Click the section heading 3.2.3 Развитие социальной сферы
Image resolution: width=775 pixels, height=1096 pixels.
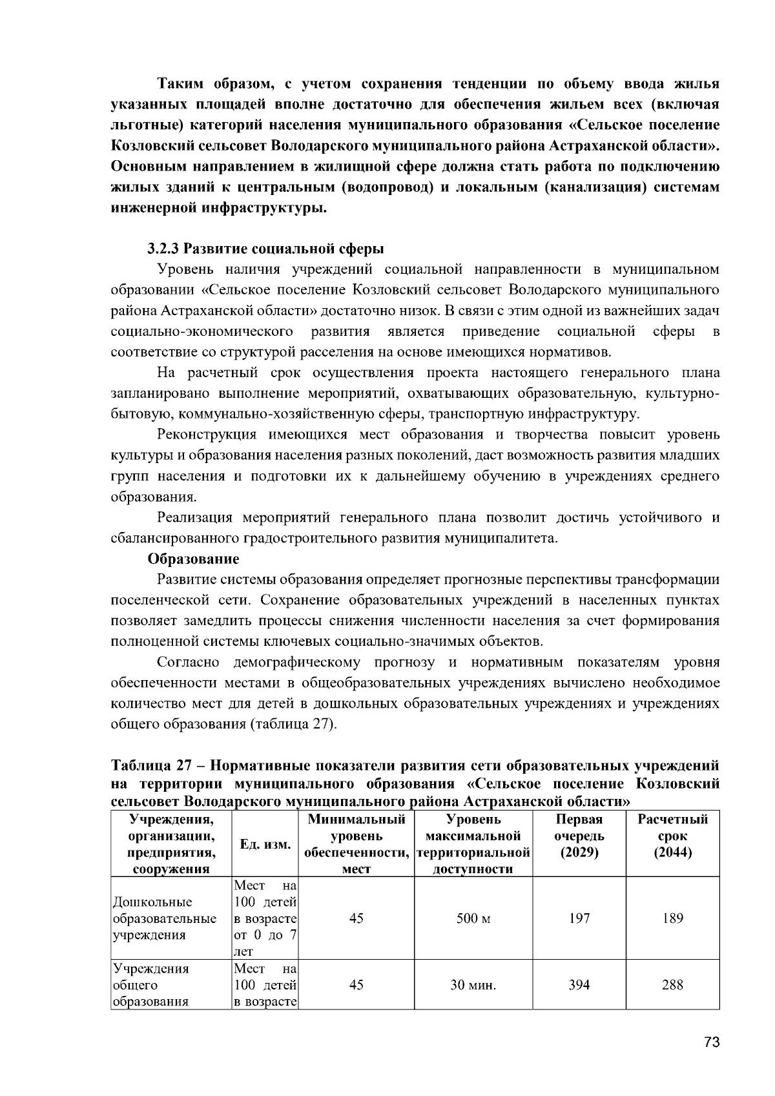(265, 249)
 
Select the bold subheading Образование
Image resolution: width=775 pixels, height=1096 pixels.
(193, 559)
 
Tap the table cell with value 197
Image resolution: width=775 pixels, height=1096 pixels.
(579, 918)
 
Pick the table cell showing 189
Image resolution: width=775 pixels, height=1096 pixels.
(673, 918)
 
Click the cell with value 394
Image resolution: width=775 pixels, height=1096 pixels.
(579, 985)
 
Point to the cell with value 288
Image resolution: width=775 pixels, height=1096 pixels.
(673, 985)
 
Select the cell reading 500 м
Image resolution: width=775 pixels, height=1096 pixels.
(473, 918)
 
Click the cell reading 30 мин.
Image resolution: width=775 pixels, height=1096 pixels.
(473, 985)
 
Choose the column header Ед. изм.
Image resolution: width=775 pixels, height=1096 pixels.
(265, 844)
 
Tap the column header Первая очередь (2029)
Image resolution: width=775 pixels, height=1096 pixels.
(579, 836)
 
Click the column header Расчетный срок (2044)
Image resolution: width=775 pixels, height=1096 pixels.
(673, 836)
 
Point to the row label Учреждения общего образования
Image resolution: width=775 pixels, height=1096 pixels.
(151, 985)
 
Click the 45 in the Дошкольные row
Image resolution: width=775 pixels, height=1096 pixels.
(356, 918)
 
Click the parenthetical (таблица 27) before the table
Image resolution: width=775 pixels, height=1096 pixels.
(293, 724)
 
